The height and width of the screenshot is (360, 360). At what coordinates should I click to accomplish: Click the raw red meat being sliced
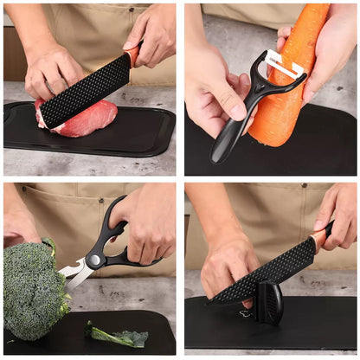pyautogui.click(x=91, y=119)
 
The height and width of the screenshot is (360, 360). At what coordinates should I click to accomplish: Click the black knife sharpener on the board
pyautogui.click(x=269, y=303)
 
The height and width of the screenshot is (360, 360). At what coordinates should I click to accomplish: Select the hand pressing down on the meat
pyautogui.click(x=52, y=74)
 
